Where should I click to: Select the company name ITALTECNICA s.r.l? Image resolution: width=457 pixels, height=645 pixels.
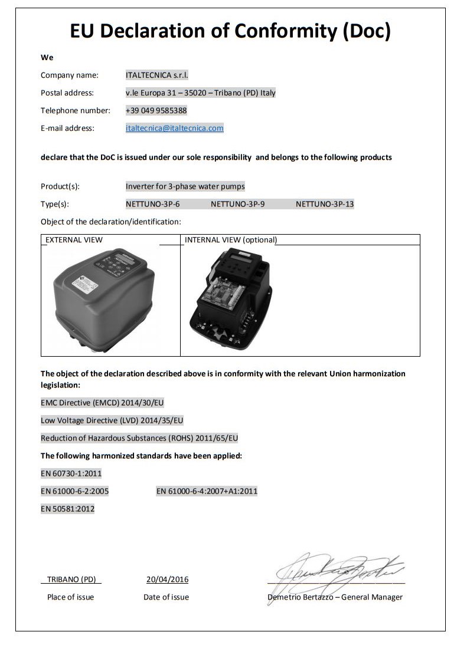coord(156,75)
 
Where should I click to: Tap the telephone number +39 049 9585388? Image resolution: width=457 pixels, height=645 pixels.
coord(156,110)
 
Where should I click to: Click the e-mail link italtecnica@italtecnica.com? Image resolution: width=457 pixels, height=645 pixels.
coord(174,128)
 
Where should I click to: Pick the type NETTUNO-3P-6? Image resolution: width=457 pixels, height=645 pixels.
coord(152,204)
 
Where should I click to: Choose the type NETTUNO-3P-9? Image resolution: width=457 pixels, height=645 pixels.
coord(237,204)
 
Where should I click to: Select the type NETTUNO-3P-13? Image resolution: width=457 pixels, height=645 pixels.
coord(325,204)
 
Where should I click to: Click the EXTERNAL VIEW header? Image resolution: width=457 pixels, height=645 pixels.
coord(74,240)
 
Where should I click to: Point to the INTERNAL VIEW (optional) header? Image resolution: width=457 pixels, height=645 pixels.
coord(231,240)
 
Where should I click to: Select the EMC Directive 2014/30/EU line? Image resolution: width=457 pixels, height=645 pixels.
coord(102,403)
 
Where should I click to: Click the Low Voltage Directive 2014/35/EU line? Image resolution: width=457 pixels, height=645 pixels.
coord(112,420)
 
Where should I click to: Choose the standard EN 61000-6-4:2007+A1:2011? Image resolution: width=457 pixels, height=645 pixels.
coord(207,491)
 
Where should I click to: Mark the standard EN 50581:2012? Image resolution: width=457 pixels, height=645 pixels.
coord(67,508)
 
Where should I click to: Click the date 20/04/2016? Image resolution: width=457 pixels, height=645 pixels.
coord(167,579)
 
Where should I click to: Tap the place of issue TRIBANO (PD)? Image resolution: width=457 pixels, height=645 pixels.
coord(71,579)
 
